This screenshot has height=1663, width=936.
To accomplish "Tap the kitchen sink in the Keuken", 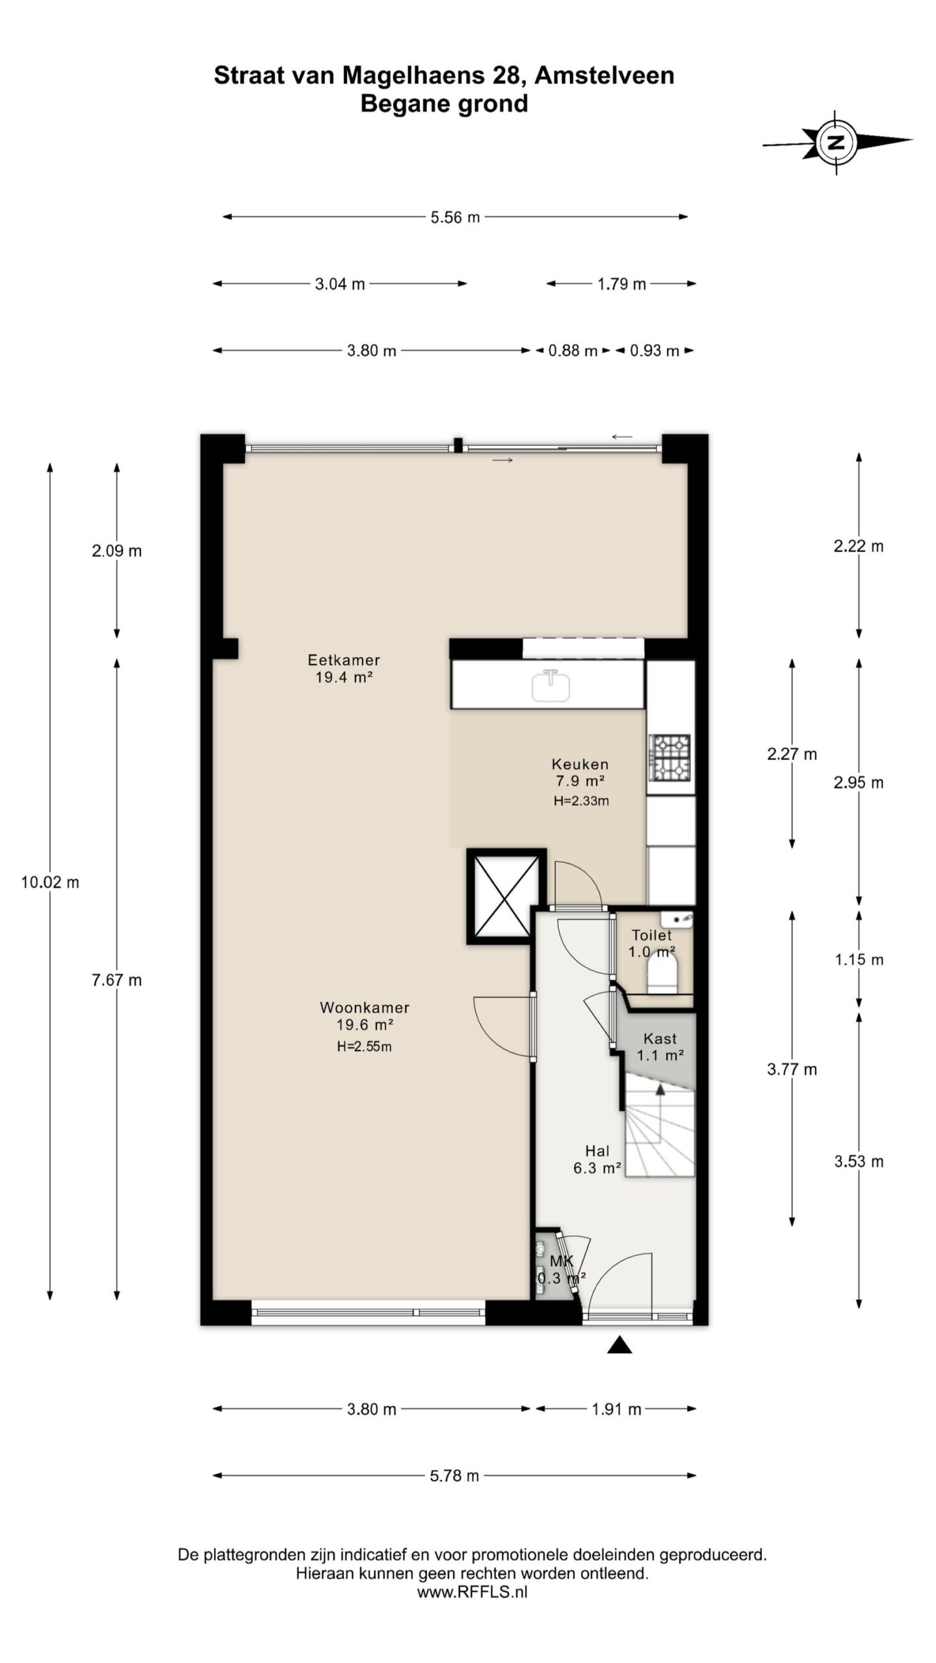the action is pyautogui.click(x=551, y=685).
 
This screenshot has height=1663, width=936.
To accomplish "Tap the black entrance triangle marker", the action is pyautogui.click(x=619, y=1345).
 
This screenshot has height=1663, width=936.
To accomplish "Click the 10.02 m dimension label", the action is pyautogui.click(x=50, y=882).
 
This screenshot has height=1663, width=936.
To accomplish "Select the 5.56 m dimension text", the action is pyautogui.click(x=455, y=217).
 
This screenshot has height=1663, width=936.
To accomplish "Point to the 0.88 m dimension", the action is pyautogui.click(x=573, y=351).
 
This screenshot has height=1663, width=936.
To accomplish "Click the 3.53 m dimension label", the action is pyautogui.click(x=859, y=1161).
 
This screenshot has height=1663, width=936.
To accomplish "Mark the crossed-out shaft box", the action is pyautogui.click(x=504, y=896).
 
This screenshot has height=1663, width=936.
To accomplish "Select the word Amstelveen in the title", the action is pyautogui.click(x=604, y=76).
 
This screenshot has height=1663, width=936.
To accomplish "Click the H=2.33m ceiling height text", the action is pyautogui.click(x=581, y=801).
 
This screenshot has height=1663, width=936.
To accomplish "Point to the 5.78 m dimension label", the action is pyautogui.click(x=454, y=1475).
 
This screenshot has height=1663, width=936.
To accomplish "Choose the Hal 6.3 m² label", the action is pyautogui.click(x=597, y=1160).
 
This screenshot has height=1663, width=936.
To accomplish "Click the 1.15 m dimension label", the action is pyautogui.click(x=859, y=959).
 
